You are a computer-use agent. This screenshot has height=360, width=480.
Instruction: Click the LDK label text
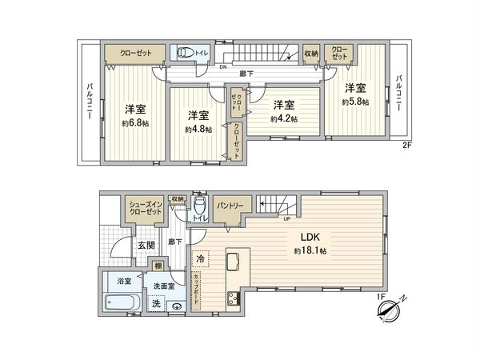310,238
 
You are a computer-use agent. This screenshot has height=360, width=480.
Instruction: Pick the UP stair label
285,216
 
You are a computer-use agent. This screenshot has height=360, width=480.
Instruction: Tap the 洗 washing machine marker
158,303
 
